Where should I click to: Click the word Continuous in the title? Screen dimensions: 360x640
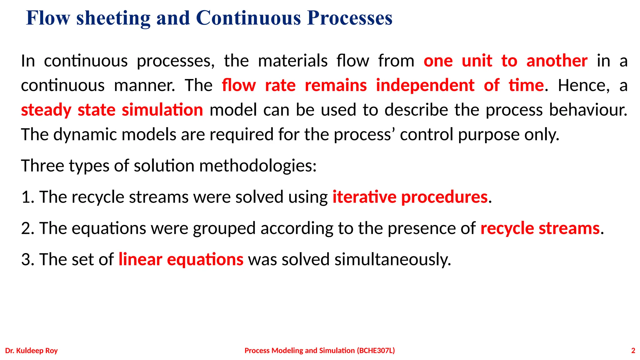(x=248, y=18)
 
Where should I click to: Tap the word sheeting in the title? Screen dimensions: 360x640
(x=113, y=18)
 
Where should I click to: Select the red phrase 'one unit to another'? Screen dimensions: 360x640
(x=505, y=61)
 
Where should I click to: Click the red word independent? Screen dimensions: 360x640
(x=425, y=85)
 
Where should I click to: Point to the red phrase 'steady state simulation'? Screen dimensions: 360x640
(x=112, y=110)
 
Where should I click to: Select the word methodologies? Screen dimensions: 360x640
(x=258, y=166)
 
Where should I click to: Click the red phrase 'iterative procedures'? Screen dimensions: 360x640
(x=410, y=197)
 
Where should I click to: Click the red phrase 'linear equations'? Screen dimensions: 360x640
(x=181, y=260)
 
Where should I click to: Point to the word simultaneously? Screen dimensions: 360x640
(x=393, y=260)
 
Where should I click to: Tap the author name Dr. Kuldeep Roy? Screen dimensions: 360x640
(x=32, y=351)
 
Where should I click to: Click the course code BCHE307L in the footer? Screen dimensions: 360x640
(x=376, y=351)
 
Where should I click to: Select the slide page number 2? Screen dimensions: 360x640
(x=633, y=351)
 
